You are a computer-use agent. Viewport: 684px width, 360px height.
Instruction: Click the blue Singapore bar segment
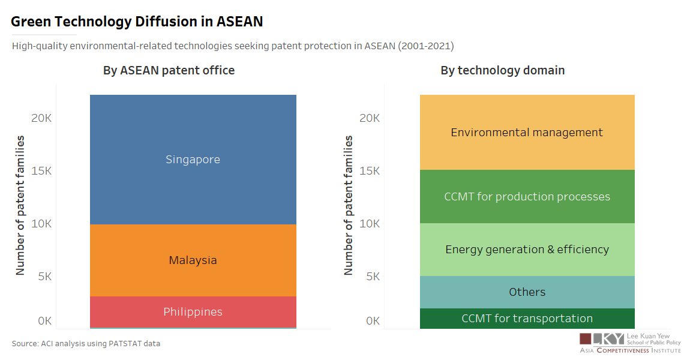tap(193, 160)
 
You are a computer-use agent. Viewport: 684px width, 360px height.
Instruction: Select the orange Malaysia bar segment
tap(193, 260)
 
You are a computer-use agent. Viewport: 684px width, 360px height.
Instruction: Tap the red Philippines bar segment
tap(193, 312)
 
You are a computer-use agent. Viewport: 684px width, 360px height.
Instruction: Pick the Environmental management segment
tap(527, 133)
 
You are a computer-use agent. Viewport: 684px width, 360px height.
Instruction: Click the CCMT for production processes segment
tap(527, 197)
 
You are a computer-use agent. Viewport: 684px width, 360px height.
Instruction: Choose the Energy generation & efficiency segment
tap(527, 250)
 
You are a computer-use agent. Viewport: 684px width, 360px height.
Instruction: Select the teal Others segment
tap(527, 292)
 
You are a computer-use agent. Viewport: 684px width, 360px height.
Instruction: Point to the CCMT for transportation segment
tap(527, 319)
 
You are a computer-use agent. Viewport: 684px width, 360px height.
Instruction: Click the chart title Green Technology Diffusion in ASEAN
tap(137, 22)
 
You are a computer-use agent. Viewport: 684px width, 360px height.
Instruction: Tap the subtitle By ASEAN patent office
tap(169, 70)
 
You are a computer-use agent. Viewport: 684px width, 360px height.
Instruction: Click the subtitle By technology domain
tap(502, 70)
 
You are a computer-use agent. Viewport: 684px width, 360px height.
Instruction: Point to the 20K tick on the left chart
tap(41, 118)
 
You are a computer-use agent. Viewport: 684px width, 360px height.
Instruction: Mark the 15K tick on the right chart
tap(370, 171)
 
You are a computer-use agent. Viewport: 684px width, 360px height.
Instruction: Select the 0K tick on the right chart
tap(373, 321)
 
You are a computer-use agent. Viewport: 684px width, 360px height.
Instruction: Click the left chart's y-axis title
tap(20, 205)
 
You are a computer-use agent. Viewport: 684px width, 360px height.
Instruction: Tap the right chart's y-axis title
tap(348, 205)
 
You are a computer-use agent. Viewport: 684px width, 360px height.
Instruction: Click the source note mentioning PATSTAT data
tap(86, 344)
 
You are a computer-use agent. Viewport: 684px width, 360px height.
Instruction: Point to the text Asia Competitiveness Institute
tap(630, 350)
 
